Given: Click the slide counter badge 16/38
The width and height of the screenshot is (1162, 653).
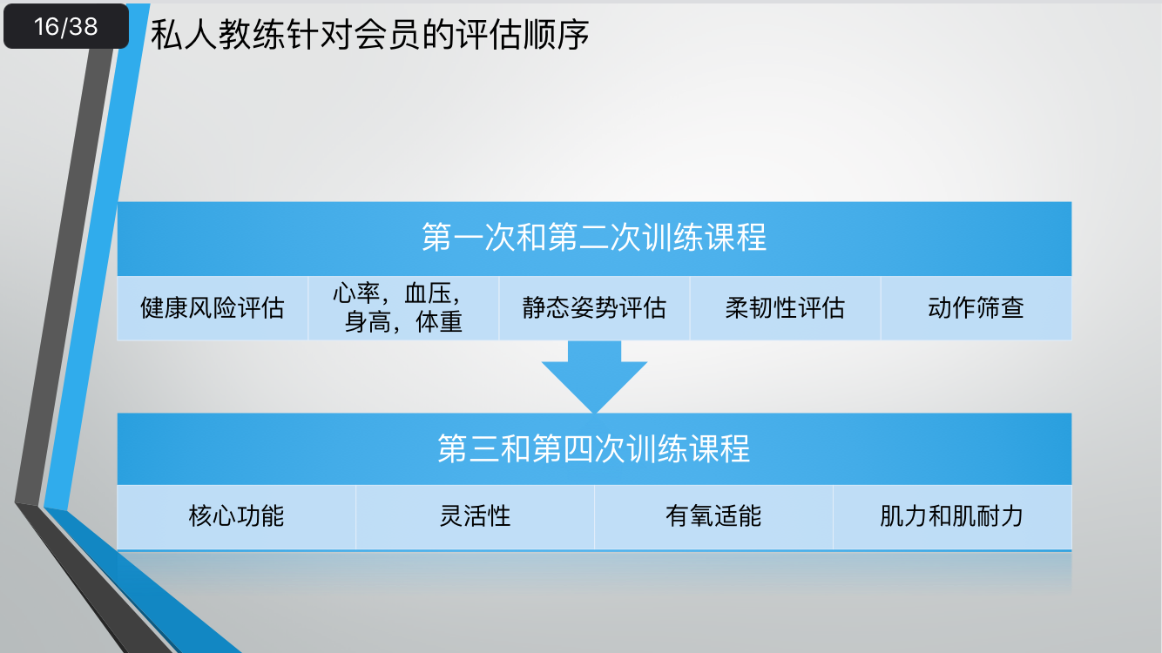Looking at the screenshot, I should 66,27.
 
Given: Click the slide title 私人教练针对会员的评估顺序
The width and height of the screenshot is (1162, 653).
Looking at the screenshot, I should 370,35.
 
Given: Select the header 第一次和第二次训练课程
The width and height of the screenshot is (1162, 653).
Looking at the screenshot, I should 594,238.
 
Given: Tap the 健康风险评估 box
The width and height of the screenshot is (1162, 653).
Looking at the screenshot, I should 213,308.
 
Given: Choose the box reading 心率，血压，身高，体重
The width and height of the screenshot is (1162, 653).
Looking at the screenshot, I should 403,308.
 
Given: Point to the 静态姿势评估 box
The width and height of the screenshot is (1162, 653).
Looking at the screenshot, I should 594,308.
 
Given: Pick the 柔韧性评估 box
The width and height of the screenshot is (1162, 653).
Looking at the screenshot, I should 785,308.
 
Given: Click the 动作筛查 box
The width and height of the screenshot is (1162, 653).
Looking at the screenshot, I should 976,308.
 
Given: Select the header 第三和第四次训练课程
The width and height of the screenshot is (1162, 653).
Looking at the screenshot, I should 594,448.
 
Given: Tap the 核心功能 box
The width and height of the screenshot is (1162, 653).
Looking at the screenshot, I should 236,516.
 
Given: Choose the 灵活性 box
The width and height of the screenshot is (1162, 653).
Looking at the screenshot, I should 475,516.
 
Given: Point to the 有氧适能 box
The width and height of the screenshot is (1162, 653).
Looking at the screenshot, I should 713,516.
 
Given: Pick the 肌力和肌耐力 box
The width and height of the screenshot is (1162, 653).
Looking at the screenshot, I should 951,516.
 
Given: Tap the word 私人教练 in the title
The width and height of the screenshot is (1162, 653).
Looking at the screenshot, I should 206,35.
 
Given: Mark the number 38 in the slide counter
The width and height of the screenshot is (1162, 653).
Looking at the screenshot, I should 84,27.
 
